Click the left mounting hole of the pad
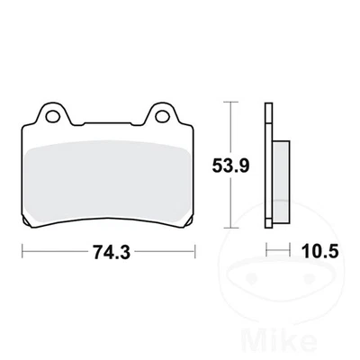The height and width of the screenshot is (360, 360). (x=52, y=116)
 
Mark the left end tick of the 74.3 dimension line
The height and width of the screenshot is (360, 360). (x=21, y=253)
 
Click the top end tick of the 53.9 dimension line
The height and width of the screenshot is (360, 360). (x=233, y=104)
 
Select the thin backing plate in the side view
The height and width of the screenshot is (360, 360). (x=268, y=166)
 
